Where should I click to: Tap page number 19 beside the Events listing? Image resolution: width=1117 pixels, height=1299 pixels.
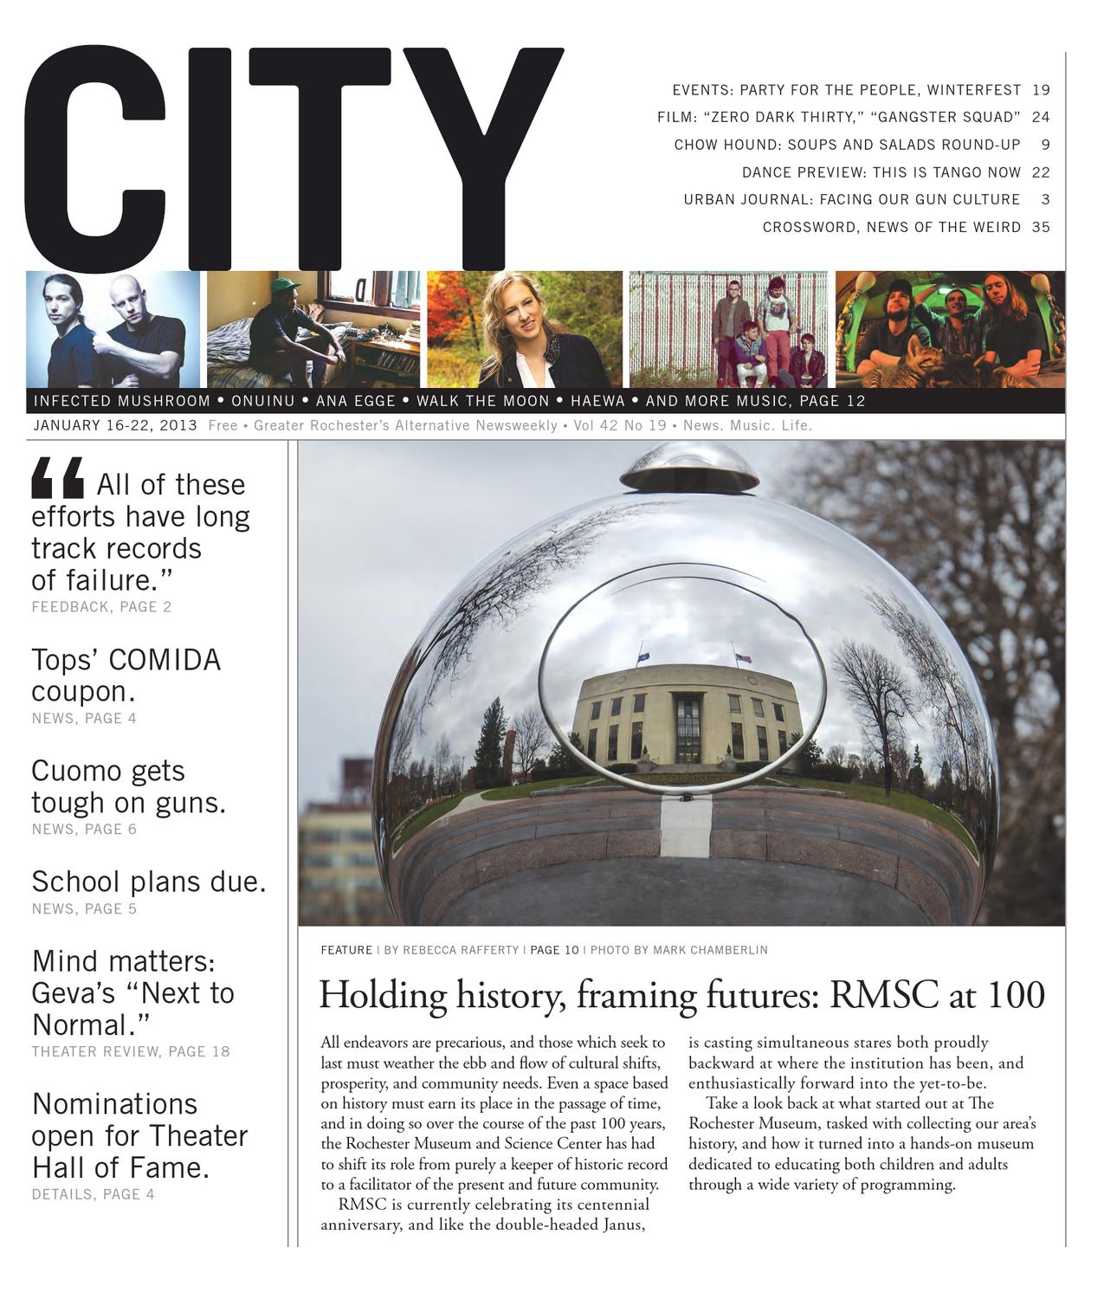point(1041,90)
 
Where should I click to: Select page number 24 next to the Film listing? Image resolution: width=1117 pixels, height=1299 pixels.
point(1041,117)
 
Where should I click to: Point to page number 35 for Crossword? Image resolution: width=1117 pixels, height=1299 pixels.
point(1041,227)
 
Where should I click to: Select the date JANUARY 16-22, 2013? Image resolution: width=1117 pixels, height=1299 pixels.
point(115,425)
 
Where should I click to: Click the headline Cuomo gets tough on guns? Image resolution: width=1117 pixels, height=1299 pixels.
point(128,786)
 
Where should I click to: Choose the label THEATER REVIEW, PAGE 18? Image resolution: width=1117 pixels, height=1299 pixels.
point(131,1051)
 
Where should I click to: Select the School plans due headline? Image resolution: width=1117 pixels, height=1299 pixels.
point(148,882)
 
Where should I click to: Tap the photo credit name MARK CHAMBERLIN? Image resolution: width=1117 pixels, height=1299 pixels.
point(710,950)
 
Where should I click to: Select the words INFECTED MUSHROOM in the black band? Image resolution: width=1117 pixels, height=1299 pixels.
point(121,401)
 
